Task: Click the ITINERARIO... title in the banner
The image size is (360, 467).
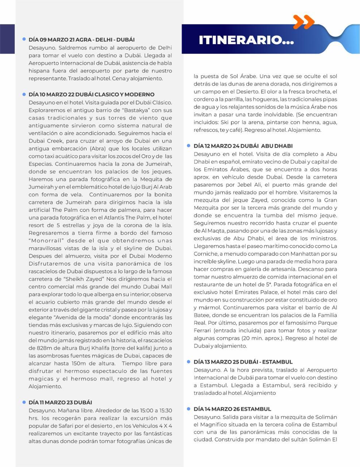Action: pos(246,40)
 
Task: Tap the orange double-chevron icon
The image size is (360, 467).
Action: pos(303,22)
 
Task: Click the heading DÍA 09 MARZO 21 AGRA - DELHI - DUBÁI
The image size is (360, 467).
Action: pos(82,39)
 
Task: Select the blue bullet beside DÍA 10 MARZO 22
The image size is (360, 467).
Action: pos(24,94)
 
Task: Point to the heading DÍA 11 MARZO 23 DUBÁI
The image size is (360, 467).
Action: pos(60,402)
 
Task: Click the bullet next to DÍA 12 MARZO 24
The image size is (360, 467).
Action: pos(189,146)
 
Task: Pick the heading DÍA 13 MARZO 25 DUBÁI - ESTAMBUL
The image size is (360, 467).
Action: pos(243,362)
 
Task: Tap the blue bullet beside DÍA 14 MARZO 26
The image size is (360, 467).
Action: pos(189,409)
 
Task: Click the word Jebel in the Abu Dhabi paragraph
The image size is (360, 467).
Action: pos(245,185)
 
